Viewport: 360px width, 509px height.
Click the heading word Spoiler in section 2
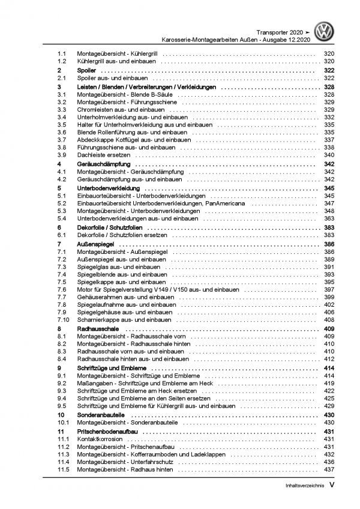87,70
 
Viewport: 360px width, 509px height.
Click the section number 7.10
63,320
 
